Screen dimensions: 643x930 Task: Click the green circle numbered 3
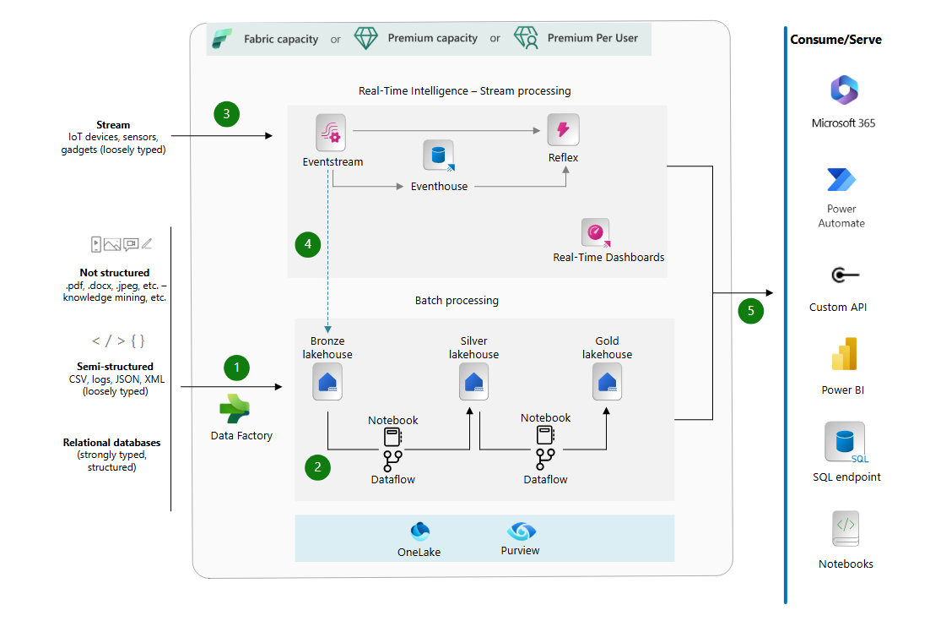point(226,113)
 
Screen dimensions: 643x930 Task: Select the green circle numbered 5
point(750,311)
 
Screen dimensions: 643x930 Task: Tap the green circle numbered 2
point(317,466)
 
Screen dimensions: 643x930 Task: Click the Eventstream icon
point(332,133)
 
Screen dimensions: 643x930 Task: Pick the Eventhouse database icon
point(439,156)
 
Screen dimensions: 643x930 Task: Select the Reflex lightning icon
point(563,130)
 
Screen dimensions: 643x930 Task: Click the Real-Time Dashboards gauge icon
point(596,232)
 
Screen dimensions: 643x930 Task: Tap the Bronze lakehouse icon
point(327,382)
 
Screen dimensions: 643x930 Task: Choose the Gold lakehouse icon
point(607,382)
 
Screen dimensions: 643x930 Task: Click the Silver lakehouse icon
point(473,382)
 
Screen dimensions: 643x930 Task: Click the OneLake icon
point(419,531)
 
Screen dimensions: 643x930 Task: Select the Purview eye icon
point(521,531)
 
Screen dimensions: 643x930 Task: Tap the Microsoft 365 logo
point(843,90)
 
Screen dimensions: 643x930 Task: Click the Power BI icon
point(843,355)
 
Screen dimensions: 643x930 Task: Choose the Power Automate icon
point(841,180)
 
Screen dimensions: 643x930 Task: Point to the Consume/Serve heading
point(835,40)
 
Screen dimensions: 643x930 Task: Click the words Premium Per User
point(592,38)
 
